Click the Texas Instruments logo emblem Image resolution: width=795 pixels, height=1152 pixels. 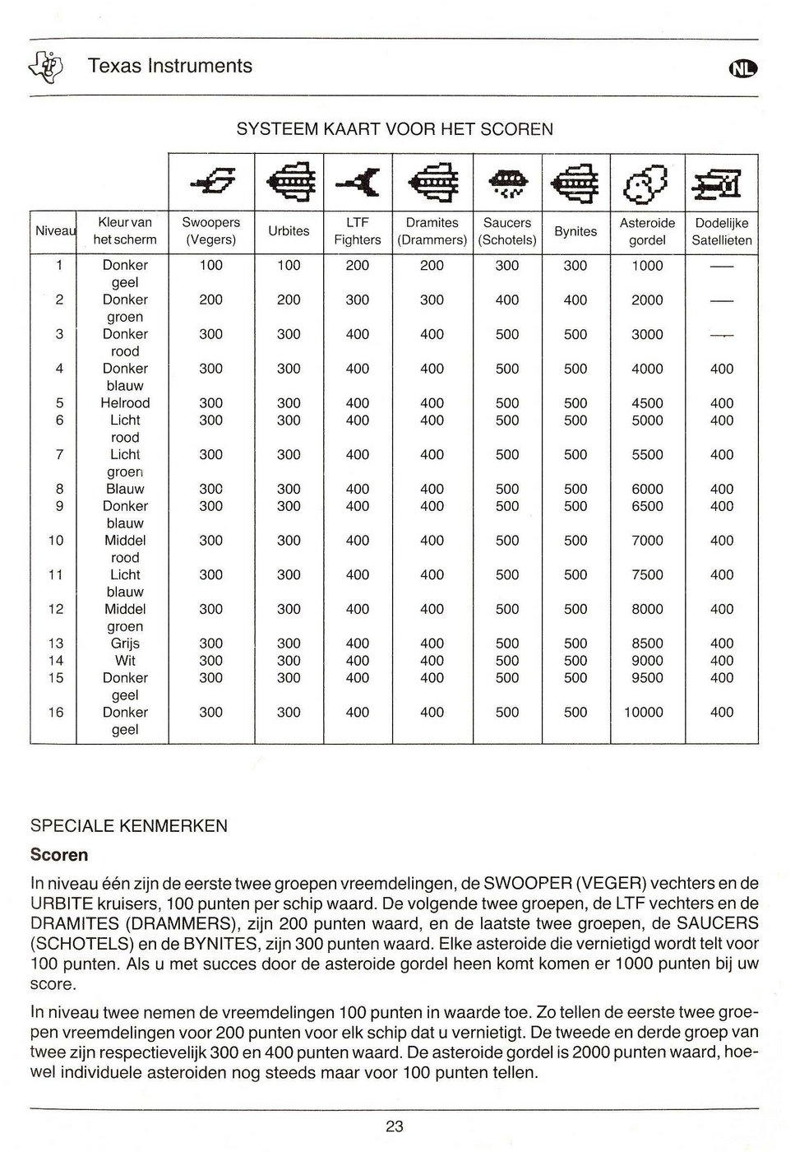tap(50, 65)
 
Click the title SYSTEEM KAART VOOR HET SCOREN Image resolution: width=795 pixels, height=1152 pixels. tap(395, 129)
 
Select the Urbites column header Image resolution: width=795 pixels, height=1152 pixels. tap(289, 231)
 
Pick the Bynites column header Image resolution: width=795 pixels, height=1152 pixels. tap(575, 231)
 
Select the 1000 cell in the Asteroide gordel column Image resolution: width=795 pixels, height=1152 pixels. tap(647, 266)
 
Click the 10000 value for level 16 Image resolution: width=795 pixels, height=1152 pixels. tap(643, 713)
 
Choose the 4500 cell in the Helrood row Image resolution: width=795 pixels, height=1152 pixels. tap(647, 403)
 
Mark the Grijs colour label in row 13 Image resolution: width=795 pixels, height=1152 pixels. tap(125, 643)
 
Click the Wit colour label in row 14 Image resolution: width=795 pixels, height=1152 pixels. tap(125, 661)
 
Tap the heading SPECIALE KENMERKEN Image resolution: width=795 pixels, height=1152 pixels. tap(128, 826)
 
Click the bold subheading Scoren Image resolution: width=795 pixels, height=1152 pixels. tap(59, 855)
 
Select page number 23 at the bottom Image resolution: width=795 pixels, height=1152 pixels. tap(395, 1126)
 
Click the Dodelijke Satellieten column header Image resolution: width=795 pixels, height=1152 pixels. tap(721, 231)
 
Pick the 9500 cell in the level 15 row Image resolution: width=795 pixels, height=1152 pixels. tap(647, 678)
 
